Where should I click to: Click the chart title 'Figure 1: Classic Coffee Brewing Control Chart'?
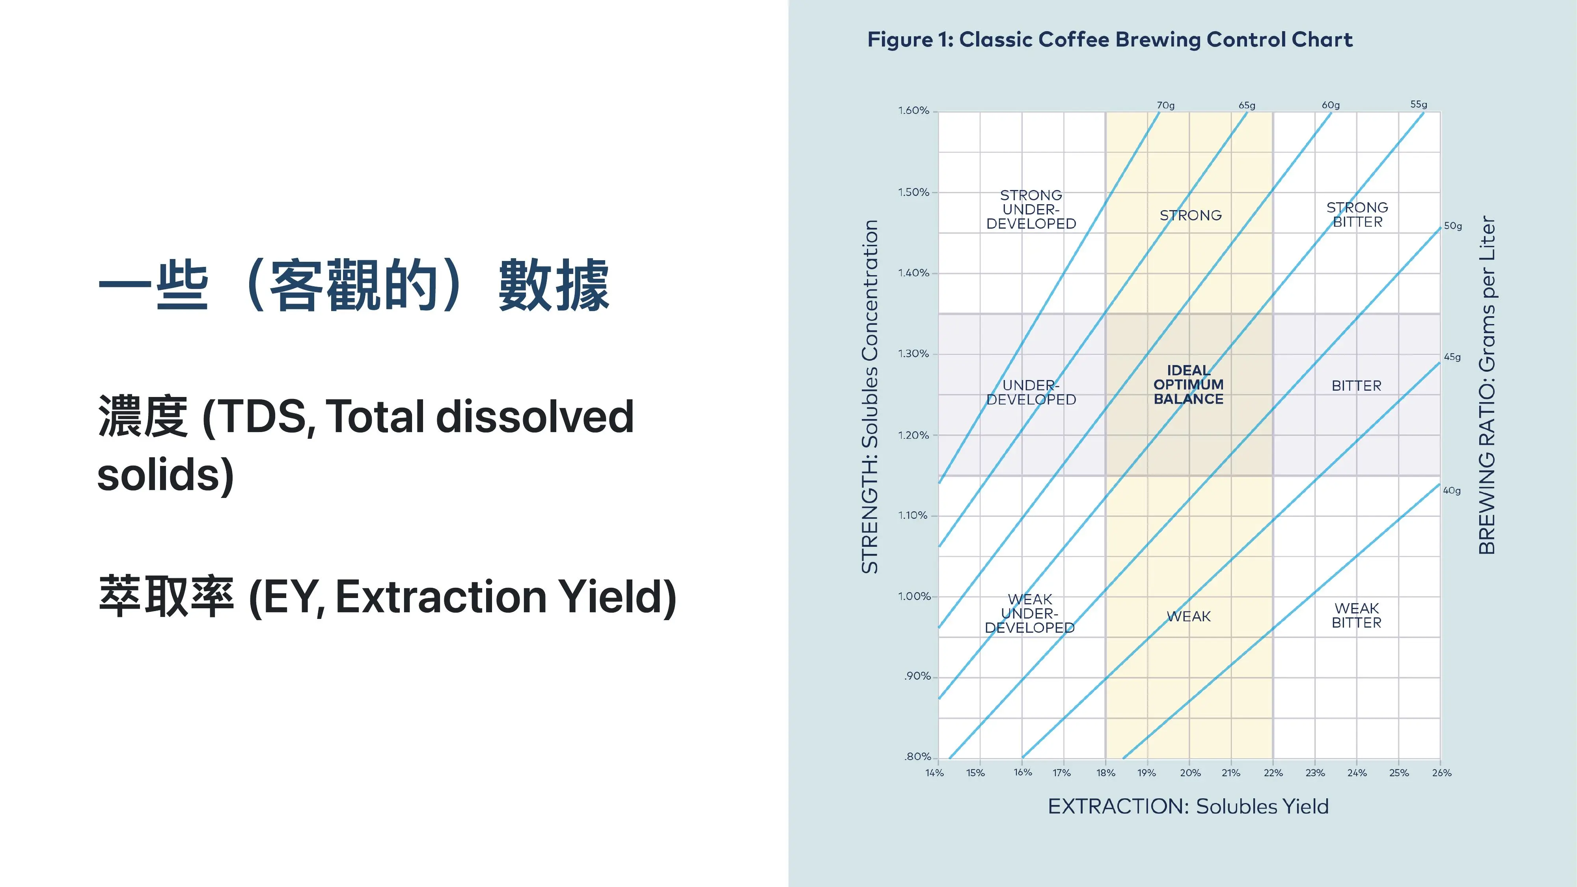pos(1109,40)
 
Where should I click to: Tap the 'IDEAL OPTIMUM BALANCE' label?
pos(1188,384)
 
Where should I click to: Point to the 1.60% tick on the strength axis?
pos(913,111)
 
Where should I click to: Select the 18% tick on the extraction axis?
pos(1105,773)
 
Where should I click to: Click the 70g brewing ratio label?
pos(1166,105)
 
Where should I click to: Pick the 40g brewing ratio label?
pos(1452,490)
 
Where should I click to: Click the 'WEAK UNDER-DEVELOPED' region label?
pos(1030,613)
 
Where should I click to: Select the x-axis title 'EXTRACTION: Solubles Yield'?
pos(1188,806)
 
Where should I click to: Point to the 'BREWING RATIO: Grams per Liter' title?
pos(1487,385)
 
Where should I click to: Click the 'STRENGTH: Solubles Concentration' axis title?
pos(870,397)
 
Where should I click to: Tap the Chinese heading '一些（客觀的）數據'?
pos(354,285)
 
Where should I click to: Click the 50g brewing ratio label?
pos(1453,226)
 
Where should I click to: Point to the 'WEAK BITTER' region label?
pos(1357,615)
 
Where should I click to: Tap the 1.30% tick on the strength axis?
pos(913,354)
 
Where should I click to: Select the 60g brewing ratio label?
pos(1330,105)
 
